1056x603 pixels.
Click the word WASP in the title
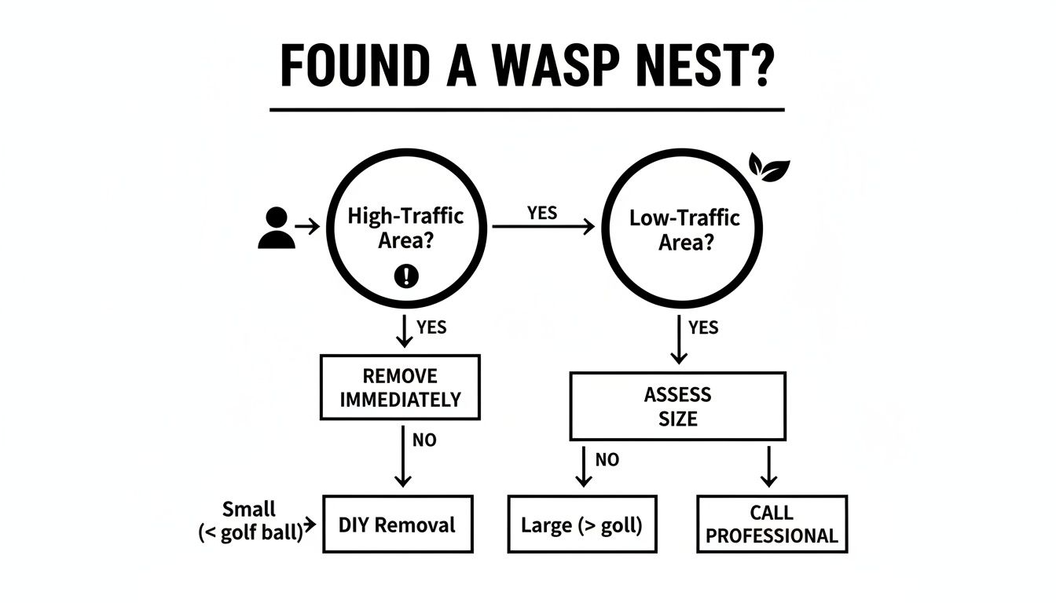(x=555, y=65)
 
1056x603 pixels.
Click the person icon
(x=277, y=228)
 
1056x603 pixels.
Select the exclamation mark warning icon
(x=406, y=276)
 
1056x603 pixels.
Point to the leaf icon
(x=769, y=167)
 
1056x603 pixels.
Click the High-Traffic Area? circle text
(x=405, y=228)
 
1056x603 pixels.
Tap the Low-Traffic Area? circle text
(x=684, y=230)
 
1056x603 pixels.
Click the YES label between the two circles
(x=542, y=213)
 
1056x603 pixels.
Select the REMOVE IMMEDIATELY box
(x=400, y=387)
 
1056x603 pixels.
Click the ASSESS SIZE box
(x=678, y=406)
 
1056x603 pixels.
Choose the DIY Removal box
(x=398, y=524)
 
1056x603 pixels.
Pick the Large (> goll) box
(x=582, y=524)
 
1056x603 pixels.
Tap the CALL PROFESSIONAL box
(x=772, y=524)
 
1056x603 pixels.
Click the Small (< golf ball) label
(x=251, y=521)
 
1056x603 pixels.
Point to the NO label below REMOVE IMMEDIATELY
(x=424, y=440)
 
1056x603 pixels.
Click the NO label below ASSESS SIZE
(x=607, y=459)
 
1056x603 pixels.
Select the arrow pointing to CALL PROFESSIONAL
(x=769, y=466)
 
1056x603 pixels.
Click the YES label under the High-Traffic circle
(x=431, y=327)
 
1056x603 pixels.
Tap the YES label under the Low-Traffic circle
(x=703, y=327)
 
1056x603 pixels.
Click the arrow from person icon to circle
(x=307, y=227)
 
